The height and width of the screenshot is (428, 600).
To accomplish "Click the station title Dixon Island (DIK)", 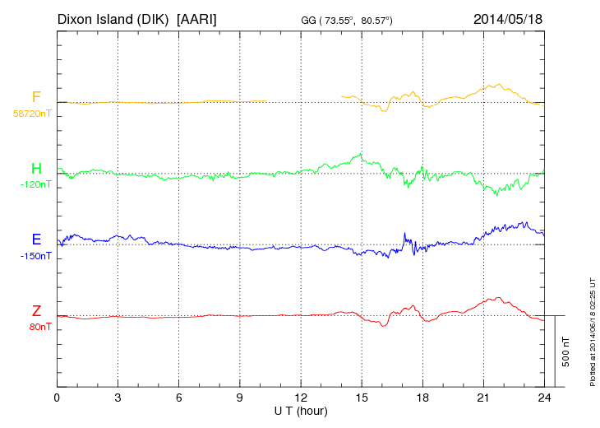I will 114,18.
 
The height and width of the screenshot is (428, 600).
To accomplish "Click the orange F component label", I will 36,97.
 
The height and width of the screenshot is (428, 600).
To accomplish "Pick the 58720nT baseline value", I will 31,113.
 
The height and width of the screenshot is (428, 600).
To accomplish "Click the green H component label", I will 36,169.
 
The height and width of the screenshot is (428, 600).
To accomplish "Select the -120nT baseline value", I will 35,184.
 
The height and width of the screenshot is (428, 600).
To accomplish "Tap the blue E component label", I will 36,240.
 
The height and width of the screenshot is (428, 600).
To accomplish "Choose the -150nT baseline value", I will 35,256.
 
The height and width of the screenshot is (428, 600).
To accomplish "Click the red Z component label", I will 36,311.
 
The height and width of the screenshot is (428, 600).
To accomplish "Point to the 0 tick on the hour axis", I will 57,398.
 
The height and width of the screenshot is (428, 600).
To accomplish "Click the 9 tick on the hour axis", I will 240,398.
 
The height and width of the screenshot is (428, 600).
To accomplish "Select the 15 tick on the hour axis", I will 362,398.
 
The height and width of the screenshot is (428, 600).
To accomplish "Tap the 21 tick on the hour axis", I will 483,398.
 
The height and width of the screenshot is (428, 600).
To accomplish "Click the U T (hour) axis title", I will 301,410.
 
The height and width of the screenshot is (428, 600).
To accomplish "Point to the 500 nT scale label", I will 566,351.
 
